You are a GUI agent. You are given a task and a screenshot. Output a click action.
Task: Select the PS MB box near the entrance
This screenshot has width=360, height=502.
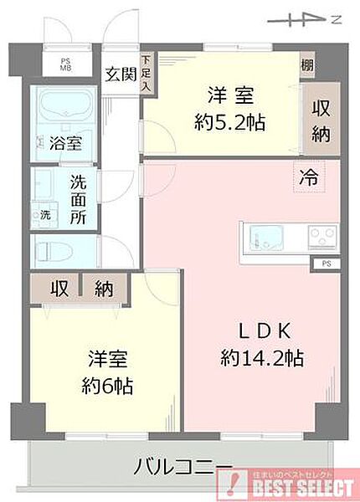pyautogui.click(x=65, y=64)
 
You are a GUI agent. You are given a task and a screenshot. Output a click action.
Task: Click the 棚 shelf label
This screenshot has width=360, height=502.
pyautogui.click(x=308, y=65)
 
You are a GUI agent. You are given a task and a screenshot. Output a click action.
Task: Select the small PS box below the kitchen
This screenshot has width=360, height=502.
pyautogui.click(x=325, y=264)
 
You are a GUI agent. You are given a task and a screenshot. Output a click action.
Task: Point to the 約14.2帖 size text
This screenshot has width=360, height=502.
pyautogui.click(x=261, y=358)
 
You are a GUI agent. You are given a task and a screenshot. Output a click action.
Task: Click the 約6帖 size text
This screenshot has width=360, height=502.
pyautogui.click(x=108, y=387)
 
